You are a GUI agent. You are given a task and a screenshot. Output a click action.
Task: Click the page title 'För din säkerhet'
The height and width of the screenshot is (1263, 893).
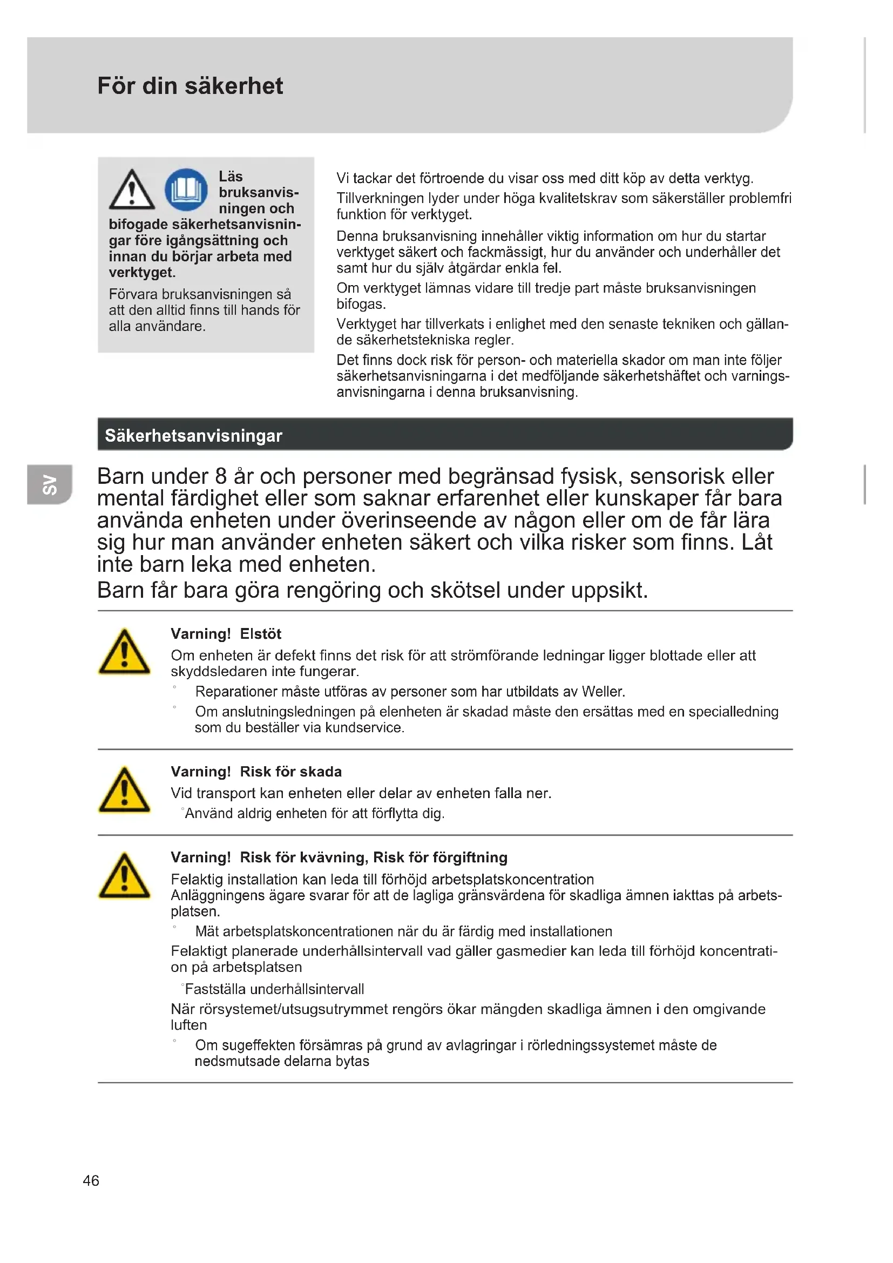(x=190, y=86)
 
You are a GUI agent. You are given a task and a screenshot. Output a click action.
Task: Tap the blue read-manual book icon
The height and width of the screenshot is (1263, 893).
(x=186, y=190)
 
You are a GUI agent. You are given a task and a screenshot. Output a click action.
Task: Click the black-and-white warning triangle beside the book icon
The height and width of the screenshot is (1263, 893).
(x=131, y=190)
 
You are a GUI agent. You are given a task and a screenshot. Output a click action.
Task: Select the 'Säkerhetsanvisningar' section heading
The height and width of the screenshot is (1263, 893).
(x=194, y=436)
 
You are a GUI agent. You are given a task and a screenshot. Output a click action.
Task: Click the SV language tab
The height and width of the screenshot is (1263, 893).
(x=50, y=484)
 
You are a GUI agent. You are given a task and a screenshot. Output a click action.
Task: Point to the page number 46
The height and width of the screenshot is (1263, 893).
(x=91, y=1180)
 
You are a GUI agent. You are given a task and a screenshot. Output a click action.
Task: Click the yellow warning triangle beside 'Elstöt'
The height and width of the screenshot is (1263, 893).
(x=124, y=652)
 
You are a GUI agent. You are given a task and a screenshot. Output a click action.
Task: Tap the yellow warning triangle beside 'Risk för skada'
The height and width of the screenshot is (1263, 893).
(x=124, y=791)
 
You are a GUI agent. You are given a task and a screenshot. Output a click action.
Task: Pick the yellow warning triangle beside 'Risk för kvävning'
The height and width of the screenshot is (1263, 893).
(x=124, y=876)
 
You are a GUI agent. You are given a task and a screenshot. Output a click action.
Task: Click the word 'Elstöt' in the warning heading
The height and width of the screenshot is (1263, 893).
(x=261, y=634)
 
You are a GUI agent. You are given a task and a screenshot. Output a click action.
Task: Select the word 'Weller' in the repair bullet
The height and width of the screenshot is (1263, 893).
(x=602, y=692)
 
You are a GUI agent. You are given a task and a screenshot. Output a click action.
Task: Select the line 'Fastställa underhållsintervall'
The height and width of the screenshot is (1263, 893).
(x=274, y=989)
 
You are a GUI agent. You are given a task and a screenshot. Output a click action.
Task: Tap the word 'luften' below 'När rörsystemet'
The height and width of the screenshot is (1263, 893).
(x=188, y=1025)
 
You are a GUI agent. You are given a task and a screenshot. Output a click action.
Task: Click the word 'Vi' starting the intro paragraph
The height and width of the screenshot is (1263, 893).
(x=343, y=178)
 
